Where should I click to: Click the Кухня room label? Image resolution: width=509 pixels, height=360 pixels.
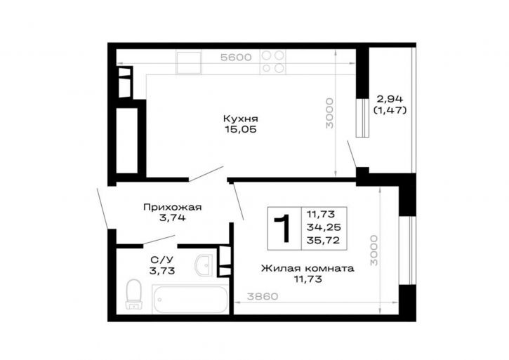coord(241,119)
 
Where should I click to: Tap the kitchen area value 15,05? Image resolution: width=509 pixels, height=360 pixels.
coord(241,130)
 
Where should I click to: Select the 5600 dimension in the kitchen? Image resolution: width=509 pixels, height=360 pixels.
coord(236,58)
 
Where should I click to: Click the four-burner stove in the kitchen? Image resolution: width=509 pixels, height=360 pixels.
coord(272,62)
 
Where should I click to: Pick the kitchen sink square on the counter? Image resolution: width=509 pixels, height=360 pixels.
coord(189,62)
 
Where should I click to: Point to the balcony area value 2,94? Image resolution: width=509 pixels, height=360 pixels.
coord(390,99)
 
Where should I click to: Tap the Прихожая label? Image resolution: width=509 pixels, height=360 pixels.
coord(173,207)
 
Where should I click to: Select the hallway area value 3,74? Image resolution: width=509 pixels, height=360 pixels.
coord(173,218)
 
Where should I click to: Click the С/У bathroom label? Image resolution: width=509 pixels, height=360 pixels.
coord(162,260)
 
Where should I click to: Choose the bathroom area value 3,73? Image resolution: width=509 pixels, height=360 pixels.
coord(162,270)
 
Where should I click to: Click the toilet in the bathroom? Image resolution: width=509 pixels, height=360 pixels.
coord(133,295)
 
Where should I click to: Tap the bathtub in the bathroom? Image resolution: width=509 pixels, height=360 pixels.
coord(190,299)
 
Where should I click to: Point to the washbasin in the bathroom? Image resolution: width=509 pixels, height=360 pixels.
coord(204,265)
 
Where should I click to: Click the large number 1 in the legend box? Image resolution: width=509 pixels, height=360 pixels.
coord(283,228)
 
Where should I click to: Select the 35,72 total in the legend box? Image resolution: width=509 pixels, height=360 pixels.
coord(324,241)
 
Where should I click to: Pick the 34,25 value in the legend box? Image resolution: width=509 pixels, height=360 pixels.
coord(324,227)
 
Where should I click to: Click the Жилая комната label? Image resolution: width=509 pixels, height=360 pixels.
coord(308,269)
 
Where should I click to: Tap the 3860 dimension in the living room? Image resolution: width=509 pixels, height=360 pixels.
coord(263,296)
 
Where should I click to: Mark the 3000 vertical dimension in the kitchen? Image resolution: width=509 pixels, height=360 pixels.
coord(330,113)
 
